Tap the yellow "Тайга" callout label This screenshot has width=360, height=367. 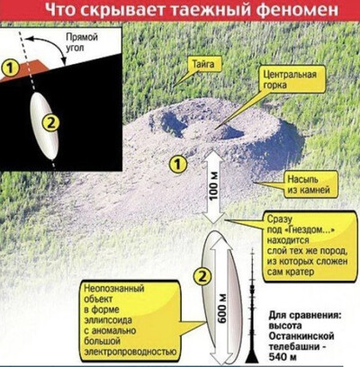click(x=203, y=65)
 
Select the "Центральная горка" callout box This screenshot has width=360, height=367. click(x=290, y=79)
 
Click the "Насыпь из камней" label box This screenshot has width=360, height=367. click(x=309, y=185)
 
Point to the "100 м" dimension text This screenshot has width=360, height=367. click(x=214, y=187)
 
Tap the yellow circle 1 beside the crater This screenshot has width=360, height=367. click(x=178, y=164)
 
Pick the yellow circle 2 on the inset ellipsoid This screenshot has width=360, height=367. click(x=50, y=123)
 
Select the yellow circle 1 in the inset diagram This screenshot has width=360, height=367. click(x=11, y=67)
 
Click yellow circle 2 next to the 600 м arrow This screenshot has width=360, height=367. click(x=202, y=276)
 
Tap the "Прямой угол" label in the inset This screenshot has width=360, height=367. click(x=82, y=42)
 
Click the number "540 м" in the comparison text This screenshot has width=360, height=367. click(x=282, y=357)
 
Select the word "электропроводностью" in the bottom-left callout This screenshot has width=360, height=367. click(x=130, y=352)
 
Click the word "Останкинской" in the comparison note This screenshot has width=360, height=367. click(x=301, y=336)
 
